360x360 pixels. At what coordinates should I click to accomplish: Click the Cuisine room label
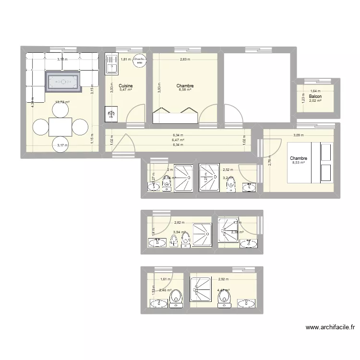pos(126,85)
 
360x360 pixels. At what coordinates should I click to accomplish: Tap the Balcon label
pos(315,96)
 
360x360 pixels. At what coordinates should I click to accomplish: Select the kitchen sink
pos(112,64)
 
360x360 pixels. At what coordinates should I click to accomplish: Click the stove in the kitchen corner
pos(111,114)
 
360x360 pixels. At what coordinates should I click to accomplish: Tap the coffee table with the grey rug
pos(62,82)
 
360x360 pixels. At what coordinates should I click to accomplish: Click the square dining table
pos(60,127)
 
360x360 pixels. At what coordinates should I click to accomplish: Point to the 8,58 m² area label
pos(185,90)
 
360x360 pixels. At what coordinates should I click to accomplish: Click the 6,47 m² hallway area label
pos(179,140)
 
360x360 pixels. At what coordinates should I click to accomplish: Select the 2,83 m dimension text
pos(185,60)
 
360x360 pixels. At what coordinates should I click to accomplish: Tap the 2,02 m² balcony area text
pos(315,101)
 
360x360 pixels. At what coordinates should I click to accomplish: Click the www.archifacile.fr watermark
pos(330,328)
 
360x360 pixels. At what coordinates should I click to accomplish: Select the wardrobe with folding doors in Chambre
pos(175,116)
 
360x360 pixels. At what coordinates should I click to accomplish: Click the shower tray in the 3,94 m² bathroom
pos(202,235)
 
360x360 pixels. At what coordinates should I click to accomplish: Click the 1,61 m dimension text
pos(166,279)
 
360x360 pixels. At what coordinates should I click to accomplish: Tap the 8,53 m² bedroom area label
pos(299,163)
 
